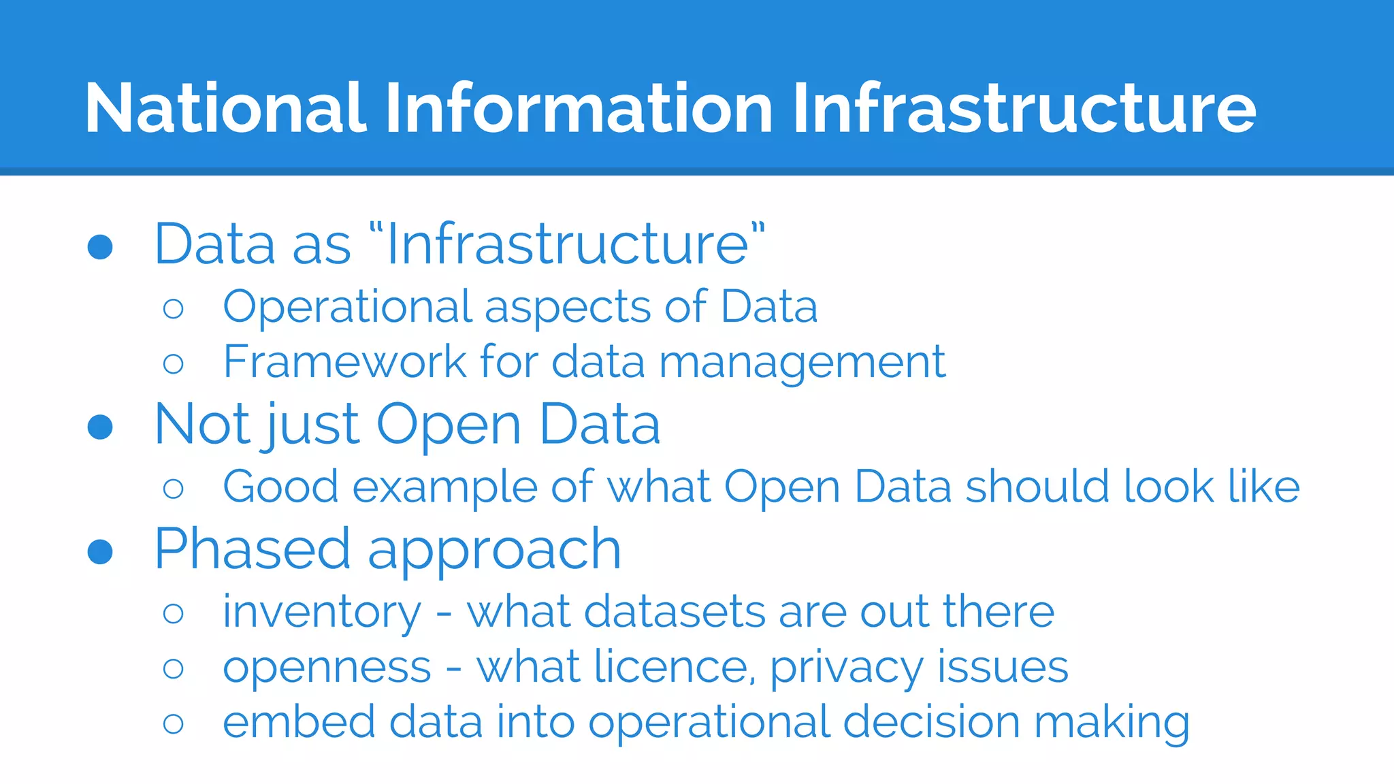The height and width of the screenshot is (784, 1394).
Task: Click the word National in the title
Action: click(225, 108)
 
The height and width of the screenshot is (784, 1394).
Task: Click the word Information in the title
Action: click(579, 108)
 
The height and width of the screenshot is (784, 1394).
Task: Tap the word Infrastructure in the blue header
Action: click(1024, 108)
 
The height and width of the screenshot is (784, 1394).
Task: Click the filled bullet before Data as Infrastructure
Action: click(100, 247)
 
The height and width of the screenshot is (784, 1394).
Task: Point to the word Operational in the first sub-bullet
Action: click(346, 307)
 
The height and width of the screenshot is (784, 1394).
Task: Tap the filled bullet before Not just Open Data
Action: click(100, 427)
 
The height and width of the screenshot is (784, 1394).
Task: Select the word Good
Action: click(280, 487)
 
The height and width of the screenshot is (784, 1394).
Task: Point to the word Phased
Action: click(253, 549)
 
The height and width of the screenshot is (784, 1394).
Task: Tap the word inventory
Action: click(322, 612)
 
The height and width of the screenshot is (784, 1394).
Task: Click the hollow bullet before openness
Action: click(174, 668)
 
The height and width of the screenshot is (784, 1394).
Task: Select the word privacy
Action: click(846, 668)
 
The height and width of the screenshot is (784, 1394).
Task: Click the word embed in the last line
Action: click(299, 722)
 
